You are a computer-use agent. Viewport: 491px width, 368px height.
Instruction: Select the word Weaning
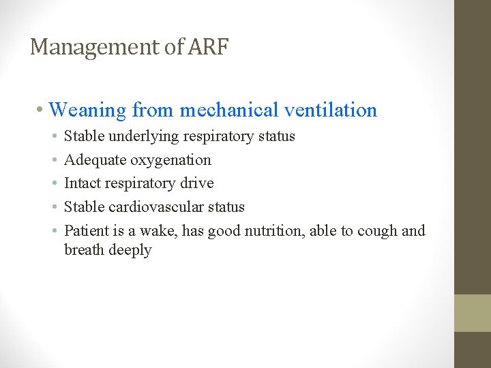[88, 110]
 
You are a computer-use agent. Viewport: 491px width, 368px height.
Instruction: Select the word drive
[198, 183]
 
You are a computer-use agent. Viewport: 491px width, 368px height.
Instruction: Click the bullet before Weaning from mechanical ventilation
[42, 110]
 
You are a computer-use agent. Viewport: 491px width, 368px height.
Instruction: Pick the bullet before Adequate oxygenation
[53, 161]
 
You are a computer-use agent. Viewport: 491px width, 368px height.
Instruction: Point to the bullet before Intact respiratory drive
[53, 184]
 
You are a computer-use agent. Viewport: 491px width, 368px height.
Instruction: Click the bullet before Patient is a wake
[53, 231]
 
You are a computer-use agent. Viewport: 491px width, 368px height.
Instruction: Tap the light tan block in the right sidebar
[473, 313]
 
